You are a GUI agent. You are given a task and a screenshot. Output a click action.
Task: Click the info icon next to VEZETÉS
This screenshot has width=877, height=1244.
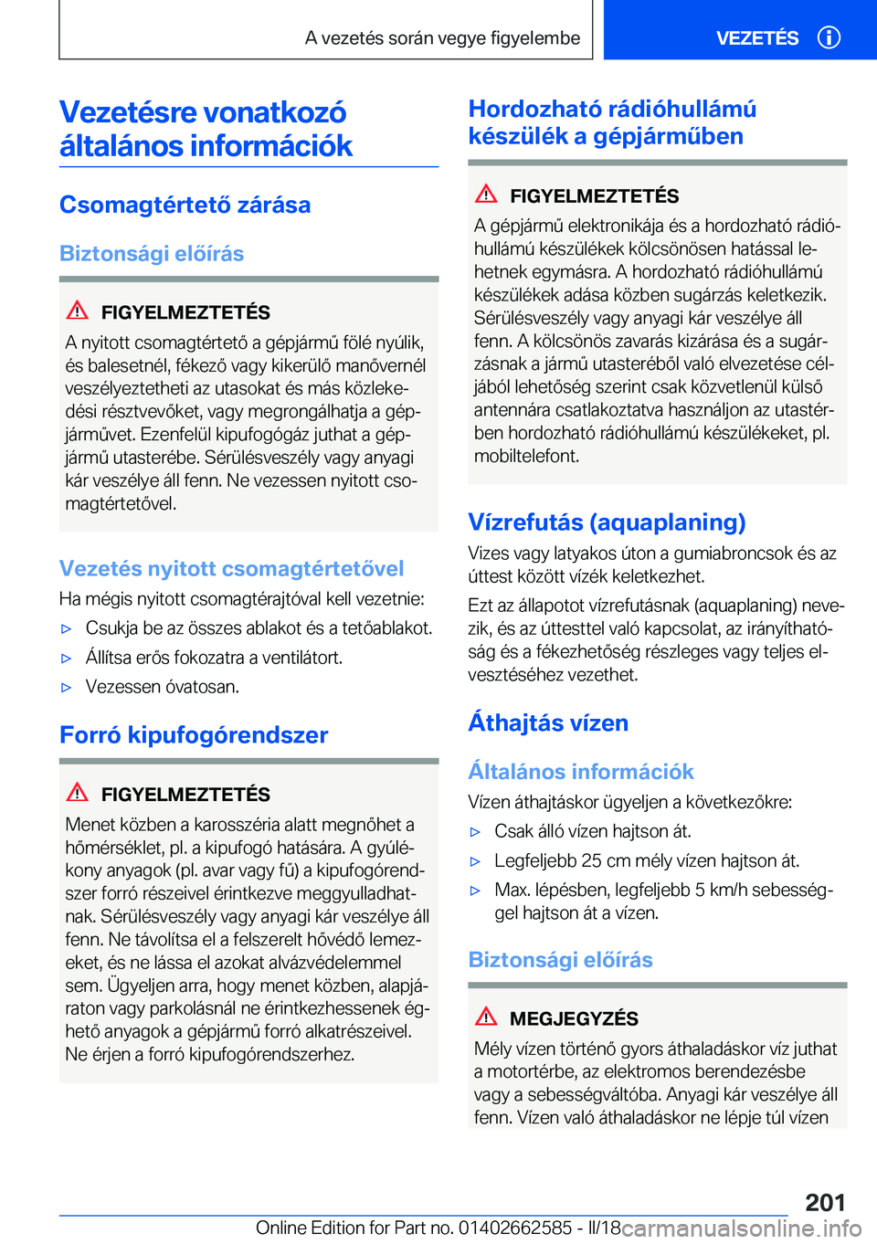click(829, 37)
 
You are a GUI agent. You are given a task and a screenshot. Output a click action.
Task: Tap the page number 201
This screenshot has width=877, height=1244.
click(825, 1202)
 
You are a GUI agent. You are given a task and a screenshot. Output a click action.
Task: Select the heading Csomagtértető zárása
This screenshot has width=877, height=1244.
click(185, 205)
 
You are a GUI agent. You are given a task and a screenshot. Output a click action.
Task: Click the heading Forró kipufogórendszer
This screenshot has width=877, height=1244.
click(194, 735)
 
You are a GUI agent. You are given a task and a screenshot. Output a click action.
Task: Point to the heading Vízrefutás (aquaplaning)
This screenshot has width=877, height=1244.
click(607, 522)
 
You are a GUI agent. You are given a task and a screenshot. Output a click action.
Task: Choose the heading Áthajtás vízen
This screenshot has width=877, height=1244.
click(548, 723)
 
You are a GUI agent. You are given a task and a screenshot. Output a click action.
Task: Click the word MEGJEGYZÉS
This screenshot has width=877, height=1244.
click(574, 1018)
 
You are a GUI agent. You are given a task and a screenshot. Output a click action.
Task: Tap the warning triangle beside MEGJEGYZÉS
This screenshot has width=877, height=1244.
click(486, 1016)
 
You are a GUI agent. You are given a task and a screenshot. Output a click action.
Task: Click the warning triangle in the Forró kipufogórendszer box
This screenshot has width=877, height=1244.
click(78, 792)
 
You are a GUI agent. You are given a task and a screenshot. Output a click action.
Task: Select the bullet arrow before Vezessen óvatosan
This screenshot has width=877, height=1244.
click(66, 688)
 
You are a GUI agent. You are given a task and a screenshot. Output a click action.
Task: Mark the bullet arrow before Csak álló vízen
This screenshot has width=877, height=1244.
click(475, 832)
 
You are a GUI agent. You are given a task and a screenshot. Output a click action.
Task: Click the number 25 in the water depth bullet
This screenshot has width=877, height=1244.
click(591, 860)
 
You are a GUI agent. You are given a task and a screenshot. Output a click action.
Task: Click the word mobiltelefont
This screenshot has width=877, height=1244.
click(526, 456)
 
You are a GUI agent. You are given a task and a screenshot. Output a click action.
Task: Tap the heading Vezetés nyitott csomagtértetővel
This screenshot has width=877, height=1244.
click(231, 569)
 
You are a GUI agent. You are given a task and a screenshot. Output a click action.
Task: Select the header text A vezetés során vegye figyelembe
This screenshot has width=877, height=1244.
click(442, 38)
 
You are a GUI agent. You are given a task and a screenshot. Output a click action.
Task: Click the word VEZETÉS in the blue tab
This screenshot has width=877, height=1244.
click(756, 38)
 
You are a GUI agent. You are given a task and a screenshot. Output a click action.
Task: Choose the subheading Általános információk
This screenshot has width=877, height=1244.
click(581, 772)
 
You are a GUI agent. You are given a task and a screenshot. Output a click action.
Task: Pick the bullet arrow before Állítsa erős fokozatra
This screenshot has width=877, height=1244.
click(66, 659)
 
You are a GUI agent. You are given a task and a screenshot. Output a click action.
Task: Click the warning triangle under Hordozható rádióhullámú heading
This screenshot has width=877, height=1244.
click(486, 194)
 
